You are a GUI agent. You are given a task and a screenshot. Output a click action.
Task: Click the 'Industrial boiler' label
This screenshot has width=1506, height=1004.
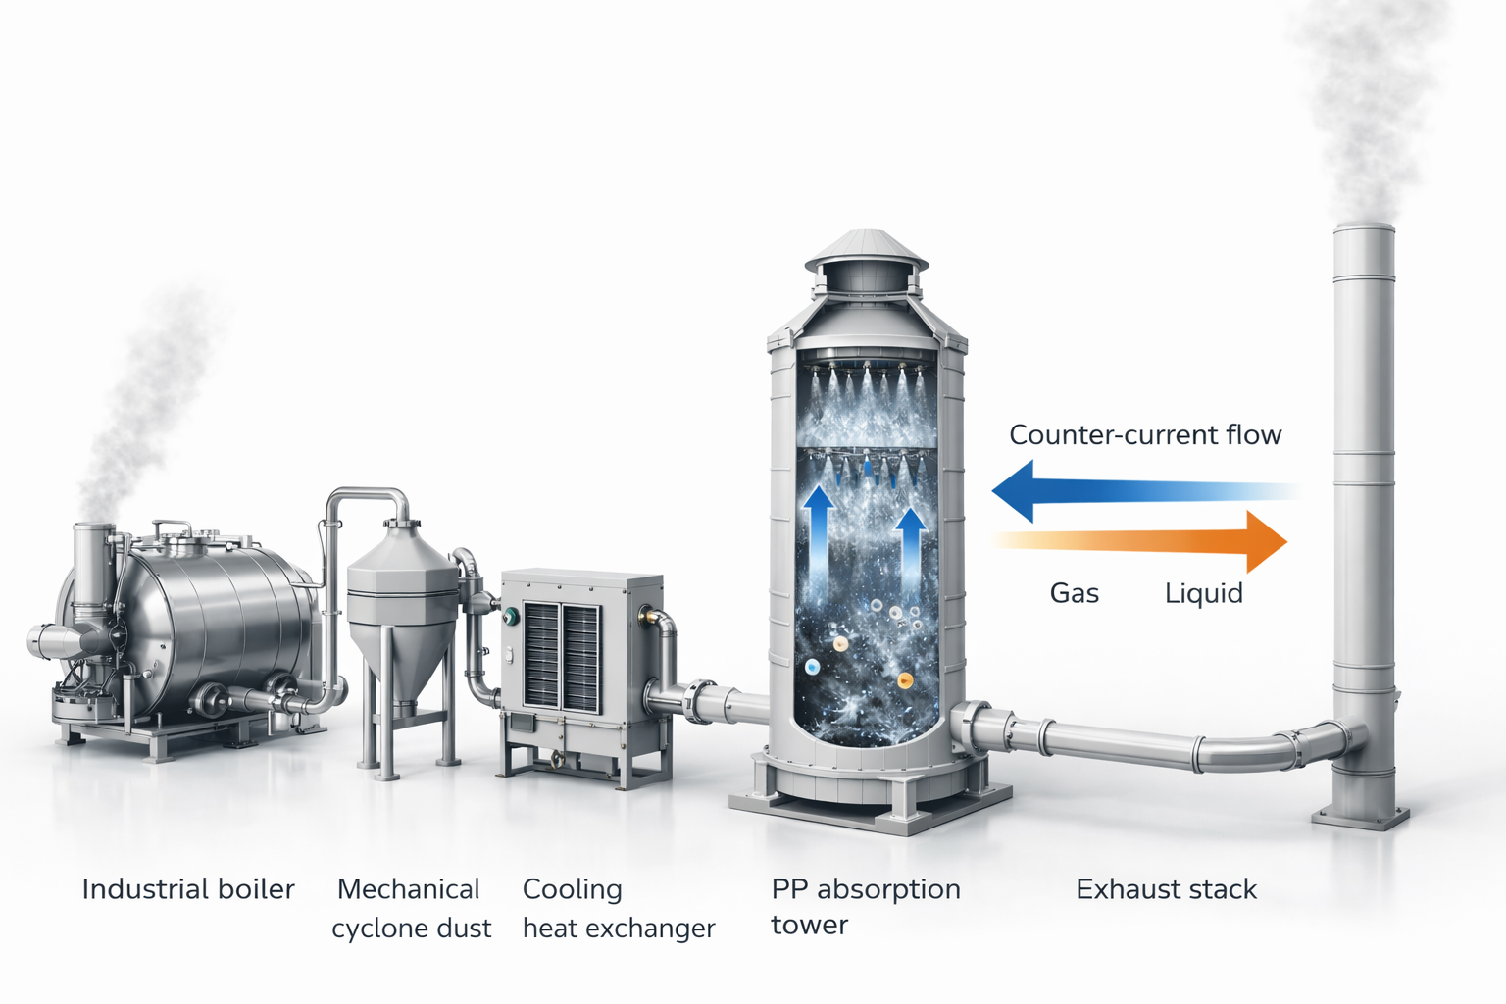[x=188, y=889]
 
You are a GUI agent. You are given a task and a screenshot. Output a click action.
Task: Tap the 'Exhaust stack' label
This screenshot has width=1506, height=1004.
[x=1166, y=889]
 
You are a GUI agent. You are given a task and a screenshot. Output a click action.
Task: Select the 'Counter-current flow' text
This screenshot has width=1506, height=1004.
[x=1145, y=435]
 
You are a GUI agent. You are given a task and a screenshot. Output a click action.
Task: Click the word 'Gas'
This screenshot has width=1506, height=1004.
[x=1075, y=593]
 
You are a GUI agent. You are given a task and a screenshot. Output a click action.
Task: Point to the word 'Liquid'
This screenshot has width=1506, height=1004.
[x=1203, y=594]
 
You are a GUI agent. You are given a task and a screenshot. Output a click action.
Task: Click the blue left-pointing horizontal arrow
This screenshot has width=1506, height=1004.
[x=1146, y=491]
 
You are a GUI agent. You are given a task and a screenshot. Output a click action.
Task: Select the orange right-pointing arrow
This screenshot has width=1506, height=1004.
[x=1139, y=541]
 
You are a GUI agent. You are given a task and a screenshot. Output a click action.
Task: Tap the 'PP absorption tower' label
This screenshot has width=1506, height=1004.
[x=866, y=907]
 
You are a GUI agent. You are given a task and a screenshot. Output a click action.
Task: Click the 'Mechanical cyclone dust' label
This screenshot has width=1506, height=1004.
[x=412, y=909]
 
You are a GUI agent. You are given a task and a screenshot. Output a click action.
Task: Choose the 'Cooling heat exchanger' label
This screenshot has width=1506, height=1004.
[x=619, y=909]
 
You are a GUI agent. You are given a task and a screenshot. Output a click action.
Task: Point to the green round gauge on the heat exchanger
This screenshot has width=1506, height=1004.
[x=511, y=616]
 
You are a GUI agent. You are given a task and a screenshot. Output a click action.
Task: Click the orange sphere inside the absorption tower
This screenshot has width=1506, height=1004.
[x=905, y=680]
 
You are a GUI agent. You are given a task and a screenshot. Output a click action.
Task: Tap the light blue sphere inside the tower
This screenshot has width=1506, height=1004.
[x=812, y=667]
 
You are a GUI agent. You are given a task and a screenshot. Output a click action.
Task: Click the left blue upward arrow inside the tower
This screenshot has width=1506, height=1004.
[x=818, y=538]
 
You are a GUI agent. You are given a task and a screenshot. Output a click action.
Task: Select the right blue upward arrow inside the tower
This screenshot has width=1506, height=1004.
[x=911, y=545]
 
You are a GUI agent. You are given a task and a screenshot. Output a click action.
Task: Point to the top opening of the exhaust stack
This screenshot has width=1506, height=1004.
[x=1364, y=228]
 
